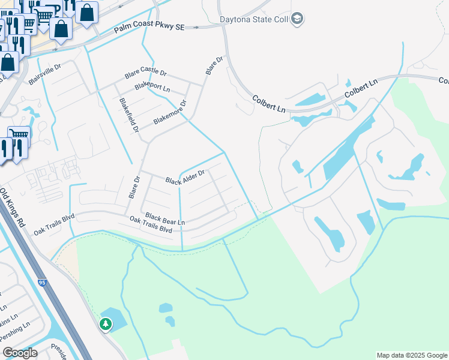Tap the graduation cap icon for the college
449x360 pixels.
click(x=297, y=19)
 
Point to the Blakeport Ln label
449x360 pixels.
click(x=152, y=86)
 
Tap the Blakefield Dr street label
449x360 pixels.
click(x=129, y=115)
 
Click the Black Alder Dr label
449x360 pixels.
click(x=185, y=177)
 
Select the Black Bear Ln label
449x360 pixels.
click(x=165, y=219)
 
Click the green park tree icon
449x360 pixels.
click(x=106, y=325)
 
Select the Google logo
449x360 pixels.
click(x=20, y=353)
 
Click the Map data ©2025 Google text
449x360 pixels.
click(x=412, y=355)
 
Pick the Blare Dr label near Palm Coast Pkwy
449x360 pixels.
click(x=214, y=65)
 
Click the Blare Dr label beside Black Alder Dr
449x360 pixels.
click(x=134, y=188)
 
